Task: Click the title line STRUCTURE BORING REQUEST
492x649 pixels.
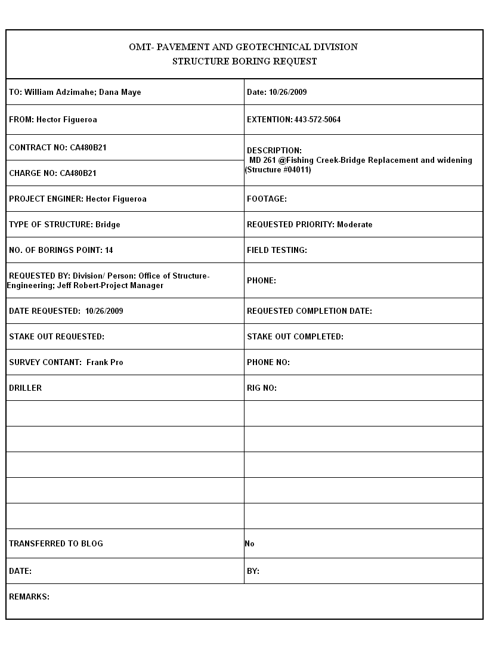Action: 245,61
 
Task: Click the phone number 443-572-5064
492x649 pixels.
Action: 317,119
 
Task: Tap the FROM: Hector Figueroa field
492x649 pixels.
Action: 53,119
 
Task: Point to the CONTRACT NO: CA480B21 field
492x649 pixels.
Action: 58,147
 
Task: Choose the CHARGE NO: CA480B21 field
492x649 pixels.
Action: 52,173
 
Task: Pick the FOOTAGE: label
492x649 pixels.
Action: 267,199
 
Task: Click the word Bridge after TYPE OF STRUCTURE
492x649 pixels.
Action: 108,224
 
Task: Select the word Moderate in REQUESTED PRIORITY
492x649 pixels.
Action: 354,224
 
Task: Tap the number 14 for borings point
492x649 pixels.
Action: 109,250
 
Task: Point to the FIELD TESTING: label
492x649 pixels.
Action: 277,250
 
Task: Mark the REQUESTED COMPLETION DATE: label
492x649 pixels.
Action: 310,311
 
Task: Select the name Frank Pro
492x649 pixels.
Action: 105,362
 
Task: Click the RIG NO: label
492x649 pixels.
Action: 262,388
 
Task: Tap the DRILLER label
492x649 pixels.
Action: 26,388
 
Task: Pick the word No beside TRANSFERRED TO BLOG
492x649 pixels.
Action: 249,543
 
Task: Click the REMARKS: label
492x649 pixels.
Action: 29,597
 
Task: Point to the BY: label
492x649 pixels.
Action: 253,571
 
